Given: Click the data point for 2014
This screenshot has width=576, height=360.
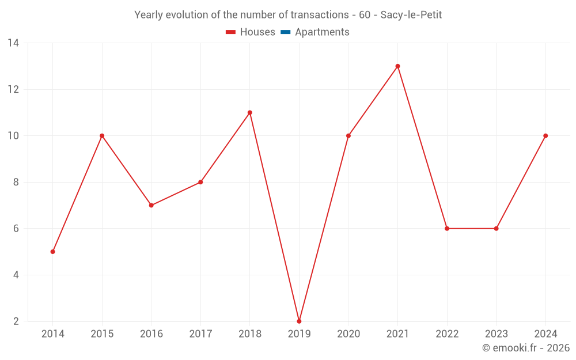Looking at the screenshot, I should coord(53,252).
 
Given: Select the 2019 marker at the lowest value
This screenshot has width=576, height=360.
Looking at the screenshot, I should coord(299,321).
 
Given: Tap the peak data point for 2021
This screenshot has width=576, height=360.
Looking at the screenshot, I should coord(397,66).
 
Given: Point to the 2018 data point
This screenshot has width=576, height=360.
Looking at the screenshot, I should coord(250,113).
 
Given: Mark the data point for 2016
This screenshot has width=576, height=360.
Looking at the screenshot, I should coord(151,205).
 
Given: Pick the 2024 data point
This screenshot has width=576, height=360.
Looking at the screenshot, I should coord(545,136).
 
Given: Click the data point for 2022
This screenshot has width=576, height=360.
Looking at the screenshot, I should coord(447,229).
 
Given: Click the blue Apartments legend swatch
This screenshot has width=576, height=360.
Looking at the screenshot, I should coord(285,32).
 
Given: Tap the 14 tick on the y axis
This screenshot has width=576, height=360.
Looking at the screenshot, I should coord(13,43).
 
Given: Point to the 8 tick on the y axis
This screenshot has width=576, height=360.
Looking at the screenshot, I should coord(16,182).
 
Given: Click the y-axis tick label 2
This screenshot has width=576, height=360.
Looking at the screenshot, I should coord(16,321).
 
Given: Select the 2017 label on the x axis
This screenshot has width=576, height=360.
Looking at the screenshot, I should coord(200,334).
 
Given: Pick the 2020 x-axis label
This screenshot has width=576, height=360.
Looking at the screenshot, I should coord(348,334).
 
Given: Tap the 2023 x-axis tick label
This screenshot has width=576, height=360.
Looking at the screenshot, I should coord(496,334).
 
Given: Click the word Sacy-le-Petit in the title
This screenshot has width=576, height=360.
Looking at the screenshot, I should coord(411,15).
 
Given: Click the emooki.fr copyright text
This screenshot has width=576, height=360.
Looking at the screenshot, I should coord(526,348).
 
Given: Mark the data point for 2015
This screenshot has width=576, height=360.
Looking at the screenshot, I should coord(102,136).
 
